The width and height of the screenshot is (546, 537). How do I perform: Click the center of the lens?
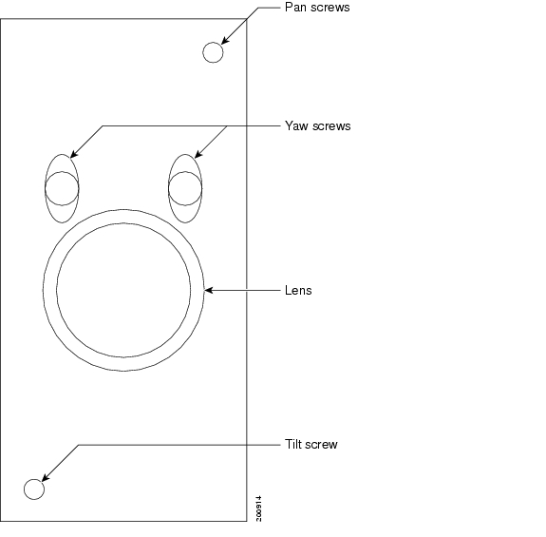pos(123,290)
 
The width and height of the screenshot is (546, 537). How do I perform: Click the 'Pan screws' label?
pos(317,8)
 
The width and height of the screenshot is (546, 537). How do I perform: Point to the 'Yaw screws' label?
pos(317,125)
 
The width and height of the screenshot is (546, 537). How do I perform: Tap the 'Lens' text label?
pos(298,290)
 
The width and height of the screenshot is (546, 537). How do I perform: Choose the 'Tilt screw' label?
pos(311,444)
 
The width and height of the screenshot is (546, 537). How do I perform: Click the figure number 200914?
pos(258,508)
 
